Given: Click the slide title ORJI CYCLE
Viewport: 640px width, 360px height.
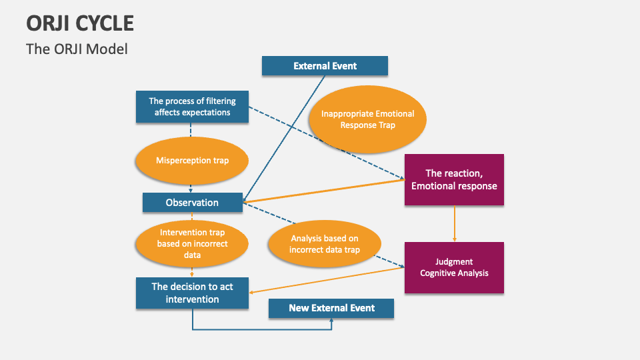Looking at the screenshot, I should tap(80, 23).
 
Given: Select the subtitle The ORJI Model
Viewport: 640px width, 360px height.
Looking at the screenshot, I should tap(77, 49).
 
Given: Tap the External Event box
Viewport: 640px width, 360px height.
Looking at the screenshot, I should tap(325, 66).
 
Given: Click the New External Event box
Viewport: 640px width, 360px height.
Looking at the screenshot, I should tap(331, 308).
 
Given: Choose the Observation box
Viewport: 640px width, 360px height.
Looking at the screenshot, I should tap(192, 202).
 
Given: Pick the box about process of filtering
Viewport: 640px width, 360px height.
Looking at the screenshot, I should tap(192, 107).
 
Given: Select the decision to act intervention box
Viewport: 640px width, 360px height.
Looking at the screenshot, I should tap(192, 293).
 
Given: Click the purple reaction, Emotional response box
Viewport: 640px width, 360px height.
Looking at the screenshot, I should tap(454, 179).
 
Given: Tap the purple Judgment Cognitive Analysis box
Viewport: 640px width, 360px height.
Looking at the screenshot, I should tap(454, 267).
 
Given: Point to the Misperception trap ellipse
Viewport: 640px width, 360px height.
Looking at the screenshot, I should tap(192, 161).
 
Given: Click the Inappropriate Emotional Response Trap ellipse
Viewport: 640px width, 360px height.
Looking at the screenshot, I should tap(367, 119).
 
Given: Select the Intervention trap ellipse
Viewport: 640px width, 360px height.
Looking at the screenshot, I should tap(192, 243).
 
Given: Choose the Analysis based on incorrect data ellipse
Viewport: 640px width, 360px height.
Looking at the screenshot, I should tap(325, 244).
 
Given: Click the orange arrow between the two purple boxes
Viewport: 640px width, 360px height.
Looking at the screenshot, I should tap(455, 223).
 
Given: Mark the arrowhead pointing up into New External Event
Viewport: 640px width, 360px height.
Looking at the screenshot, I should tap(331, 321).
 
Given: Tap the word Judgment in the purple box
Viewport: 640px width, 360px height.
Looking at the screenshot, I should tap(454, 261).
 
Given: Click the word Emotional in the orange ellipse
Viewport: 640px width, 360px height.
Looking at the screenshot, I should tap(395, 114).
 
